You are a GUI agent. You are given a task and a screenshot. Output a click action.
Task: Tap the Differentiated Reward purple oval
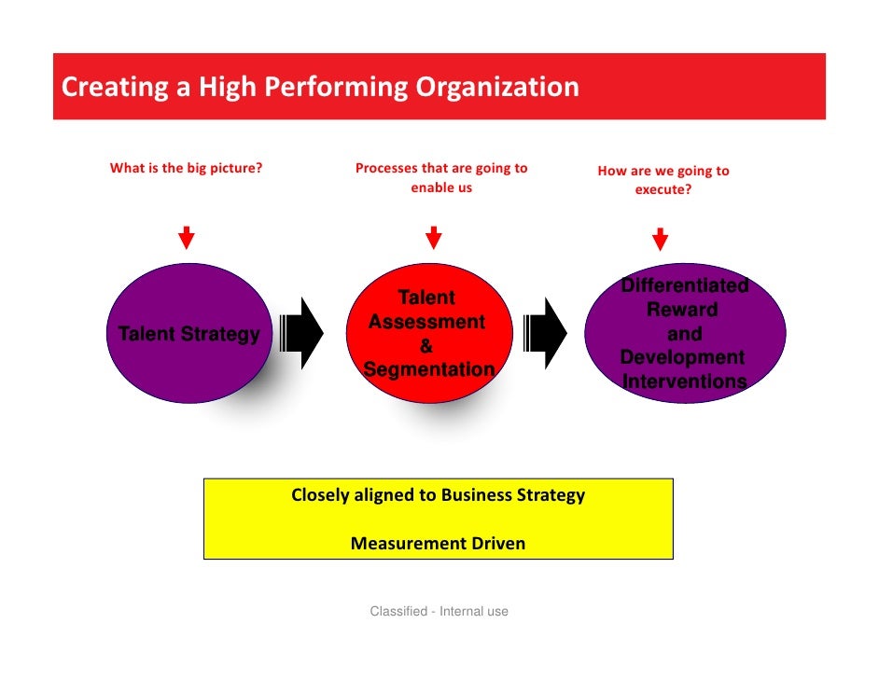[685, 333]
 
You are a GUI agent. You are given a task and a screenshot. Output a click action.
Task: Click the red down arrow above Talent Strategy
[187, 238]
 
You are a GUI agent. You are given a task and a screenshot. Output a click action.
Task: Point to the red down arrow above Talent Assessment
[433, 238]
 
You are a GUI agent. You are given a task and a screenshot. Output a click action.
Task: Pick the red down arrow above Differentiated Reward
[661, 239]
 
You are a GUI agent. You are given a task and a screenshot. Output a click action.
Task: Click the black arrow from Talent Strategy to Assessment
[301, 333]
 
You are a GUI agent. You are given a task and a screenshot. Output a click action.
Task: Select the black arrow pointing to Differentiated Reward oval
[546, 333]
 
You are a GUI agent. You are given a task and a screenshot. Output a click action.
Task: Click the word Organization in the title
[497, 88]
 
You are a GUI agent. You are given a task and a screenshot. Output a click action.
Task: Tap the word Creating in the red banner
[104, 88]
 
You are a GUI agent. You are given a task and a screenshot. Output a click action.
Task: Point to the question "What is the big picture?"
[186, 169]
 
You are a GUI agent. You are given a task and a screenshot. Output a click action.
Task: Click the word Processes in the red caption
[386, 169]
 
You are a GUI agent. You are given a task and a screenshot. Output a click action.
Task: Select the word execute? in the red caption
[663, 188]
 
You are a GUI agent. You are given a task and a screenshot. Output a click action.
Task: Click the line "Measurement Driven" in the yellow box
[438, 543]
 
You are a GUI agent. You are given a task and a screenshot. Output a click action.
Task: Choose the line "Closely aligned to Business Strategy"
[438, 495]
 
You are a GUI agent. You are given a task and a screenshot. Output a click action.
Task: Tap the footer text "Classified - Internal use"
[439, 612]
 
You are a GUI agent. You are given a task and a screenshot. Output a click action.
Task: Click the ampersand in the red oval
[426, 346]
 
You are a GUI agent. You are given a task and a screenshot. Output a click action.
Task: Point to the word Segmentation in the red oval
[428, 370]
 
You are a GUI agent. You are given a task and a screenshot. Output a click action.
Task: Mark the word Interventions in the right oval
[684, 381]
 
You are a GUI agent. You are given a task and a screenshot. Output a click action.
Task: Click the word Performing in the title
[337, 88]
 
